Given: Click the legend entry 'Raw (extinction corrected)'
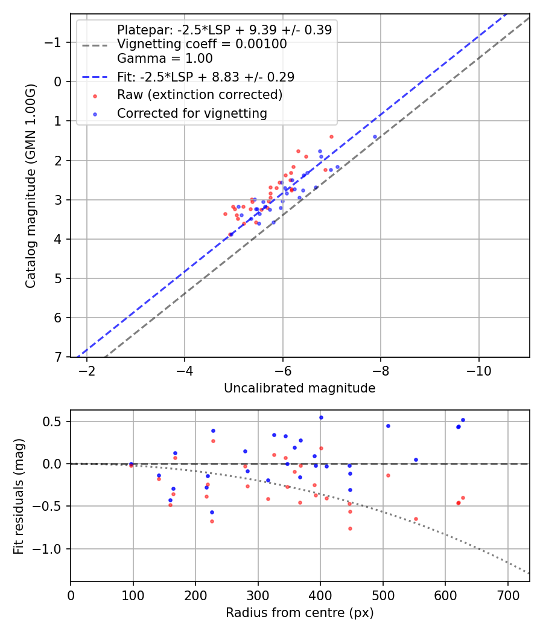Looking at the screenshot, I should click(199, 95).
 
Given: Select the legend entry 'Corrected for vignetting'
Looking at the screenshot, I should click(192, 113).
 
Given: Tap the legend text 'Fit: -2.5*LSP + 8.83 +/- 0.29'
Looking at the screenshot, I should click(205, 77).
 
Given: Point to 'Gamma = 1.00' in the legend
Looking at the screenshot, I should click(165, 59).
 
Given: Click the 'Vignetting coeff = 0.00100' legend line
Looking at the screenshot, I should click(202, 44).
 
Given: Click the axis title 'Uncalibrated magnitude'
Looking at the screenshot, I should click(299, 388).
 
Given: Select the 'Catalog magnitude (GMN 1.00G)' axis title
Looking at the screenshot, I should click(31, 186).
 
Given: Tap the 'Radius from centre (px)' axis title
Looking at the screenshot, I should click(299, 613).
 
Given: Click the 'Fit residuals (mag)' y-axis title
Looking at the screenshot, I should click(18, 496).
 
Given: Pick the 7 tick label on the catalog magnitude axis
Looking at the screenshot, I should click(59, 357).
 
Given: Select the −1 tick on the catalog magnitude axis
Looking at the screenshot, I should click(55, 42).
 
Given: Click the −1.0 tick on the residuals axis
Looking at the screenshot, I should click(51, 549).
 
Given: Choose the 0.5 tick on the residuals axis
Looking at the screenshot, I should click(55, 421).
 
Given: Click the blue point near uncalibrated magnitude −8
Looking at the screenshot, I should click(375, 136).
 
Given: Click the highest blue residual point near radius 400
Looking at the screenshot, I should click(321, 417).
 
